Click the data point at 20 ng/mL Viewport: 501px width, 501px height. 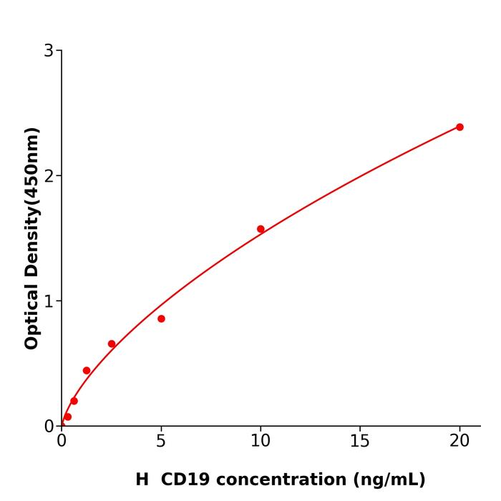(x=459, y=127)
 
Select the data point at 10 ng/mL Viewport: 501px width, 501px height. (x=261, y=229)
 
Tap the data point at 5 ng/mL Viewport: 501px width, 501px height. (x=161, y=318)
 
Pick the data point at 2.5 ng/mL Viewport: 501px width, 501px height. (x=112, y=344)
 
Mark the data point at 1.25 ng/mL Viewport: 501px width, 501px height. (x=87, y=371)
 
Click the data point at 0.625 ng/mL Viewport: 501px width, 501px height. (x=74, y=401)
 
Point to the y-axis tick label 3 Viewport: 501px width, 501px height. (x=49, y=51)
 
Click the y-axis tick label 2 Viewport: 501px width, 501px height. (x=49, y=176)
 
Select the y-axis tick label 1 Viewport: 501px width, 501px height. (x=49, y=301)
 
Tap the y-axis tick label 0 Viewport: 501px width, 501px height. (x=49, y=427)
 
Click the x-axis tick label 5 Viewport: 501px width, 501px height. (x=161, y=442)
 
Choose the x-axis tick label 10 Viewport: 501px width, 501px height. (x=261, y=442)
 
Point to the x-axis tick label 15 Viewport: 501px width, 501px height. (x=360, y=442)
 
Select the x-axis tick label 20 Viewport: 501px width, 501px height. (x=459, y=442)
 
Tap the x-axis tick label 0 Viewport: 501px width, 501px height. (x=62, y=442)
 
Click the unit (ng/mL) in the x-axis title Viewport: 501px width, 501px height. (x=388, y=480)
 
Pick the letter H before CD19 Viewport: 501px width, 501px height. (x=142, y=480)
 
